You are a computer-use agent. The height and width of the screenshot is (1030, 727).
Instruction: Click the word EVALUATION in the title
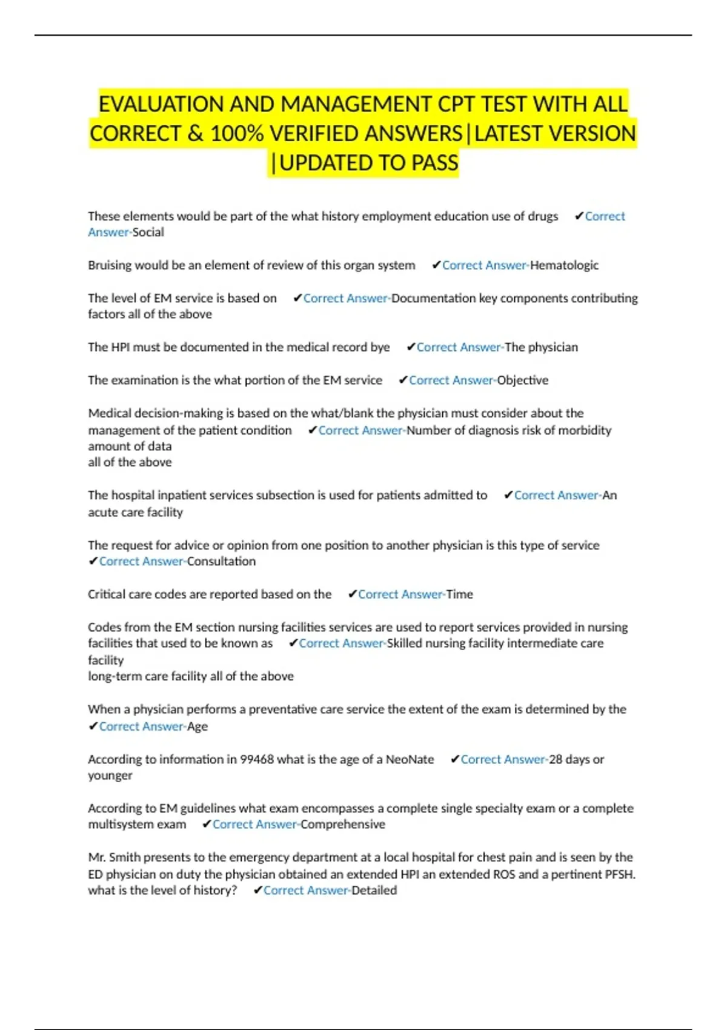(161, 104)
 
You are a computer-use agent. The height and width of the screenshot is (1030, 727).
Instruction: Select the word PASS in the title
(435, 163)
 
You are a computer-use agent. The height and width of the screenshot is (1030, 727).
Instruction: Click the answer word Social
(148, 232)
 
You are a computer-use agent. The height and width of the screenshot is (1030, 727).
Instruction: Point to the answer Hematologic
(564, 265)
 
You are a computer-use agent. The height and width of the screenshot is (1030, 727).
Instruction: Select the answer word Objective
(522, 380)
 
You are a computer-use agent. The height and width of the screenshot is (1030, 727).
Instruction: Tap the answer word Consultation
(221, 562)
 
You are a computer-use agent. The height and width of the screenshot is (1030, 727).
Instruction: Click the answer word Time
(460, 594)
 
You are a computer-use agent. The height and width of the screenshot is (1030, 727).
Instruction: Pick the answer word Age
(198, 726)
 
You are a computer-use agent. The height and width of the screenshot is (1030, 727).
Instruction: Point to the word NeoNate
(410, 760)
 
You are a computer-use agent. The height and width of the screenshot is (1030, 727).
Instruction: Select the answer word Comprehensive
(343, 825)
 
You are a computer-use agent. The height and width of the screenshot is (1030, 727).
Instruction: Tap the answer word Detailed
(374, 891)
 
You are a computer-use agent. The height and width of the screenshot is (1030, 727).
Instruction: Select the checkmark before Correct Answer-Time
(352, 594)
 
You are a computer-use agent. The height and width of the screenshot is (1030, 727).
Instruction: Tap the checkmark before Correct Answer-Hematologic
(436, 265)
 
